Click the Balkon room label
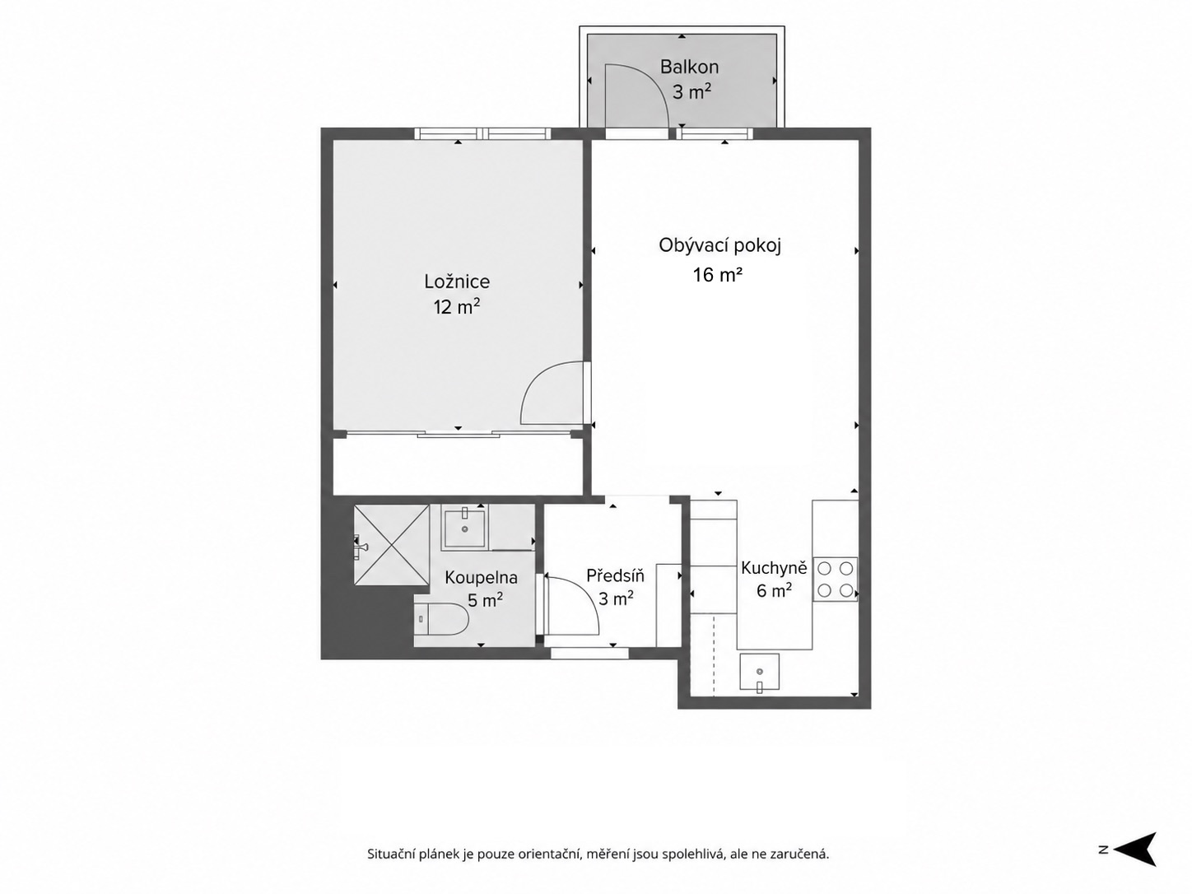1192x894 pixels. (689, 68)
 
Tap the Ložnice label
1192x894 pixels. (457, 282)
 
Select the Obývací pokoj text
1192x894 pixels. (719, 246)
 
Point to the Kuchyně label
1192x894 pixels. (774, 568)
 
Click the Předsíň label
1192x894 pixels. (615, 575)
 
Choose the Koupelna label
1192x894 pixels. (481, 578)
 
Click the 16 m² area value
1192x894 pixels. (717, 275)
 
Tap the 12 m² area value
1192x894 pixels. (456, 308)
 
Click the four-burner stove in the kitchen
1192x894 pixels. (835, 580)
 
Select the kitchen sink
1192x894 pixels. (759, 672)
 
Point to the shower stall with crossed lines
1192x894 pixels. (391, 545)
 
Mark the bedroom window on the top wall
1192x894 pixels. (482, 133)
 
